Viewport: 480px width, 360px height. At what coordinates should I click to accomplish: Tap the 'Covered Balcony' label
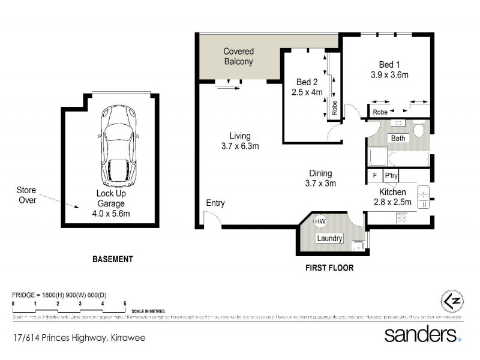pos(238,57)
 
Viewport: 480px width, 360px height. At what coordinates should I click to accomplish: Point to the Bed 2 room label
pos(307,82)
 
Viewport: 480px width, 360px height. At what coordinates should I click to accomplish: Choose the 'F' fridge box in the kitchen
pos(374,176)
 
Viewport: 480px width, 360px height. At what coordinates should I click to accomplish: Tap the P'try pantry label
pos(391,176)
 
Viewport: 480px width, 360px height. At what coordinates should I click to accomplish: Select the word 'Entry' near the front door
pos(215,203)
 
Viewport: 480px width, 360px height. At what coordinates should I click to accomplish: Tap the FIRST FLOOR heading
pos(329,268)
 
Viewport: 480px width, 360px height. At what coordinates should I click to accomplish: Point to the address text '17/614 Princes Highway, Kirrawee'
pos(79,338)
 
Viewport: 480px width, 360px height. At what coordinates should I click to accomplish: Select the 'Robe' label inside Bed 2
pos(334,109)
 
